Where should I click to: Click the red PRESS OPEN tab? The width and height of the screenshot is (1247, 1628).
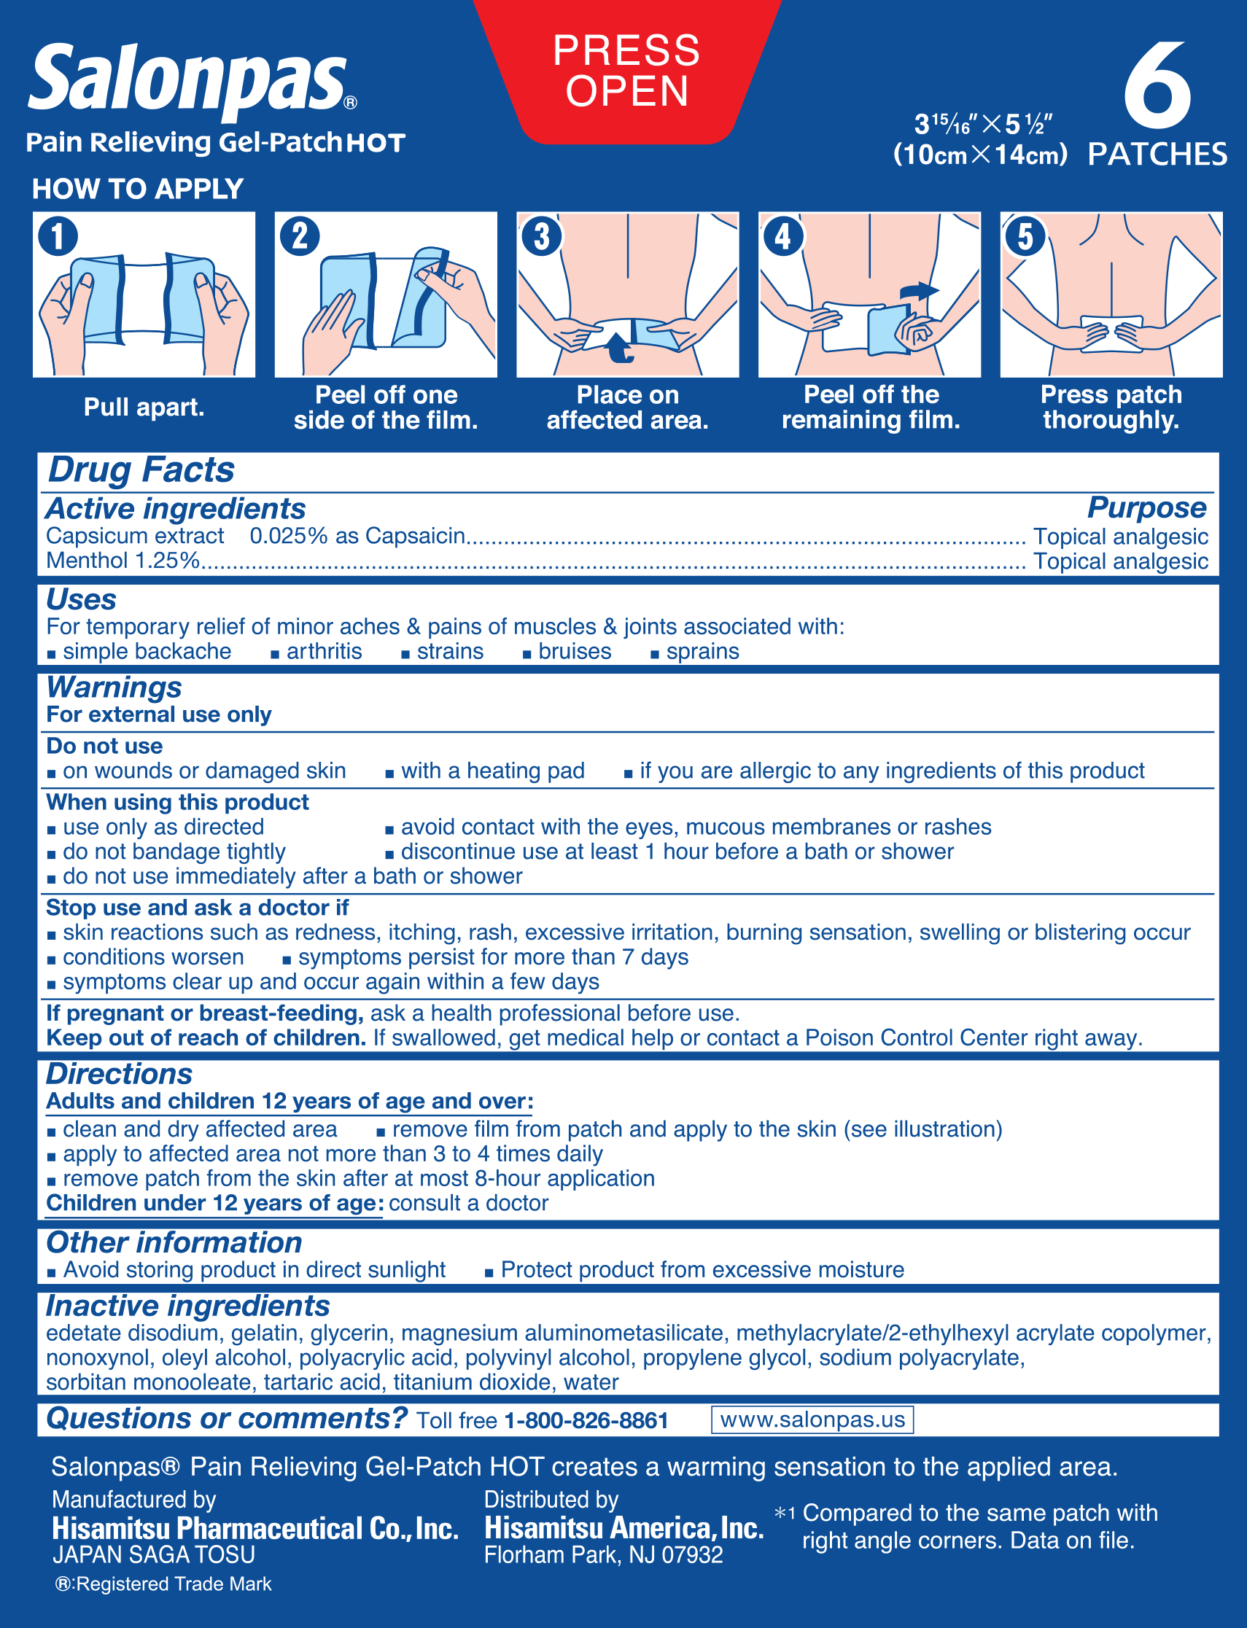[626, 71]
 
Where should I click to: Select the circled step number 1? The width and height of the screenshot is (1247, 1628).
[58, 237]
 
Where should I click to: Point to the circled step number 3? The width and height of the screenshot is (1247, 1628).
[542, 237]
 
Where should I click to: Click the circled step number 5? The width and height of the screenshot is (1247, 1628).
[1025, 237]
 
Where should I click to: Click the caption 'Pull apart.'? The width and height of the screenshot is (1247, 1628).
[144, 408]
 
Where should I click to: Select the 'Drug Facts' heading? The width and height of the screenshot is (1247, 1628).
[141, 470]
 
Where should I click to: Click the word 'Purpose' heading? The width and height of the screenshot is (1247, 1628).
[1146, 508]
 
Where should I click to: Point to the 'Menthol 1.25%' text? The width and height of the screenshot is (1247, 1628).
[123, 561]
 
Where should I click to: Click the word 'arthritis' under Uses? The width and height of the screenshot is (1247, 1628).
[325, 652]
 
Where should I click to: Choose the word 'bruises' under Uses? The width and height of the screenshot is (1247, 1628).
[575, 652]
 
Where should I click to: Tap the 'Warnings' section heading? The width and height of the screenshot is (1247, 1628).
[114, 687]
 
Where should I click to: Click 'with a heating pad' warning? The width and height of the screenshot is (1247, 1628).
[492, 771]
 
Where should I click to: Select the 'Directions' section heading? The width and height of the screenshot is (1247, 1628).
[119, 1074]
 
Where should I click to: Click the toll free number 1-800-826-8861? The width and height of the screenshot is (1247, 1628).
[586, 1421]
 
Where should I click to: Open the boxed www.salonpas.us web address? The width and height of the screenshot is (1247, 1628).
[812, 1420]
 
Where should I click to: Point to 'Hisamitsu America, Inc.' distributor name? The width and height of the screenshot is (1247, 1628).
[623, 1528]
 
